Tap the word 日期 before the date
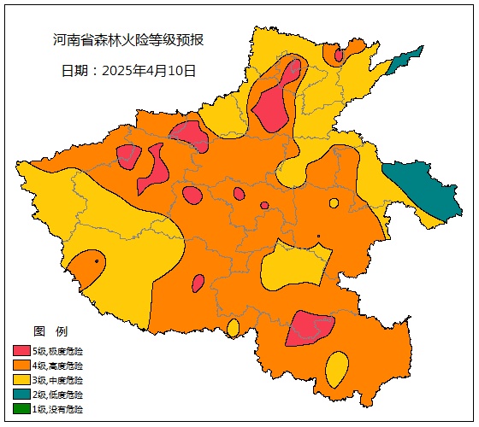click(74, 71)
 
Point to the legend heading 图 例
click(50, 331)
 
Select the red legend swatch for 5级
click(21, 351)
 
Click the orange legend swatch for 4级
click(21, 366)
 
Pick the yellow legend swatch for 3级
click(21, 380)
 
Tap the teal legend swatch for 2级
click(21, 395)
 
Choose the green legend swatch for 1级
click(21, 409)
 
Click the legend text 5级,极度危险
click(58, 351)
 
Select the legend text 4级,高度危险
click(58, 366)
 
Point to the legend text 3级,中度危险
click(58, 380)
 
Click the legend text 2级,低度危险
click(58, 395)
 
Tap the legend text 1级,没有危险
click(58, 409)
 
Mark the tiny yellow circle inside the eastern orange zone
click(334, 203)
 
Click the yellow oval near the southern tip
click(336, 369)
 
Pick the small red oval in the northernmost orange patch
click(339, 56)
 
